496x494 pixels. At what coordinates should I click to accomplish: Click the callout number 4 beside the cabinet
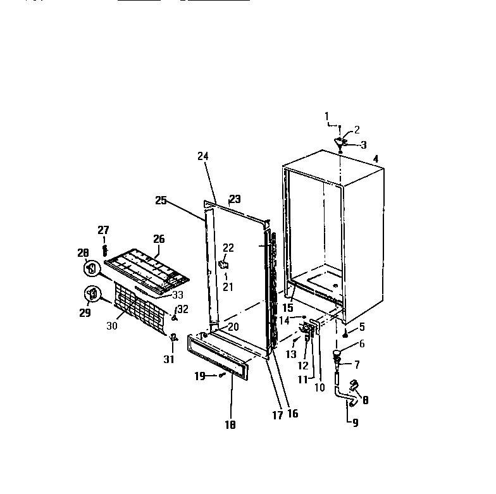376,160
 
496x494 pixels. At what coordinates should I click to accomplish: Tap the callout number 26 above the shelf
159,239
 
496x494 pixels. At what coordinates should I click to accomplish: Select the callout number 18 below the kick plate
230,426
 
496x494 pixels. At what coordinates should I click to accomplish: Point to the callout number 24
202,156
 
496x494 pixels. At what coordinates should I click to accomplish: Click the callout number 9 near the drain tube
355,423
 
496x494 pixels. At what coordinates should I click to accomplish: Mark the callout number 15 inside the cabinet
288,308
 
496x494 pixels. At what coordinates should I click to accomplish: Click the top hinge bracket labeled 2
342,142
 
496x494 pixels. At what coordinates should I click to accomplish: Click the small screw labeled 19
221,376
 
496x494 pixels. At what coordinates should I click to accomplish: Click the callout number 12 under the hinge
302,366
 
